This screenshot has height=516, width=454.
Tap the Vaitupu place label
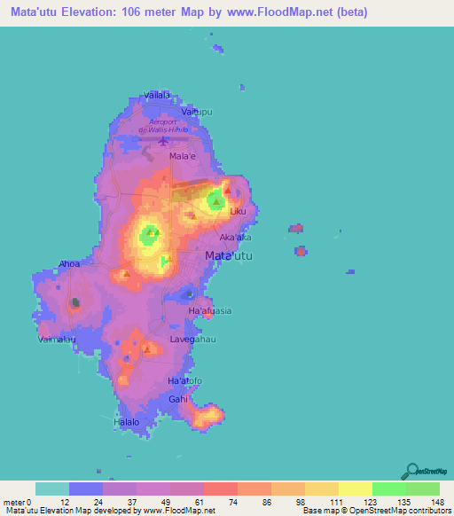click(197, 113)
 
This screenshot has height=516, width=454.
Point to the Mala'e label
click(183, 155)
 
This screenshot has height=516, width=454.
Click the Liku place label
click(238, 212)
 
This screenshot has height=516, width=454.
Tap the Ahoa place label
click(69, 263)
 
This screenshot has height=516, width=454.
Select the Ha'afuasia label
click(210, 311)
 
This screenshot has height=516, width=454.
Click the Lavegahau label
click(194, 339)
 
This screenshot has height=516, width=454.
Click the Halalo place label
click(127, 423)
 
